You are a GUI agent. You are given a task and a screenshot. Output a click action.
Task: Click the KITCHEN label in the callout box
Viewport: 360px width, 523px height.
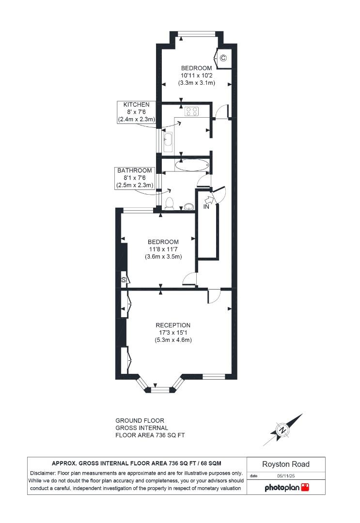click(x=136, y=105)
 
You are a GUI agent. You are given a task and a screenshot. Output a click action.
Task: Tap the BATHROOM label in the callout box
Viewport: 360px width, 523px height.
click(x=134, y=170)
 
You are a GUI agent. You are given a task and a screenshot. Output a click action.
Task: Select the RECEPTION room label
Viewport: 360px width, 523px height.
click(x=173, y=325)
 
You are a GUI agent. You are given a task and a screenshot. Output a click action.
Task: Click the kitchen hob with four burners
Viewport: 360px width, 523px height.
click(x=191, y=111)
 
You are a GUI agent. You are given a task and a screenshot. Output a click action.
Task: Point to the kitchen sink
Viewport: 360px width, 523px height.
click(x=168, y=139)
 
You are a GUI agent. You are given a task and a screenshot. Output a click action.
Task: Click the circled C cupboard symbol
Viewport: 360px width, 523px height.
click(x=223, y=58)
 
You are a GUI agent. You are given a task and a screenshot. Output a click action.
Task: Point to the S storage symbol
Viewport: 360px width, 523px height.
click(x=124, y=280)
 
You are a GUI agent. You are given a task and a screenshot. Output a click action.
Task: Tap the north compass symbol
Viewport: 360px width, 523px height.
click(x=282, y=430)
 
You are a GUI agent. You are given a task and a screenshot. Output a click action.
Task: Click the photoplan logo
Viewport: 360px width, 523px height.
click(x=286, y=487)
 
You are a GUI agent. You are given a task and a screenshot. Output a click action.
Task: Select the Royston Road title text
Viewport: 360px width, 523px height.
click(x=286, y=464)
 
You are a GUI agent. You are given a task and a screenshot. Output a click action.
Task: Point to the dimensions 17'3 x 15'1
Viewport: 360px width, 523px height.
click(x=173, y=332)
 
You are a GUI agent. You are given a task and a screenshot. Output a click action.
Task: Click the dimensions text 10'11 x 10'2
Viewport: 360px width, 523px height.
click(x=197, y=76)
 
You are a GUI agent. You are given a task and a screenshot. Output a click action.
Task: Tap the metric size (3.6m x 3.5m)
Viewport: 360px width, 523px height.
click(x=163, y=257)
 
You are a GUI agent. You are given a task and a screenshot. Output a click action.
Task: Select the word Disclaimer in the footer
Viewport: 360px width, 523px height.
click(x=43, y=473)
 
